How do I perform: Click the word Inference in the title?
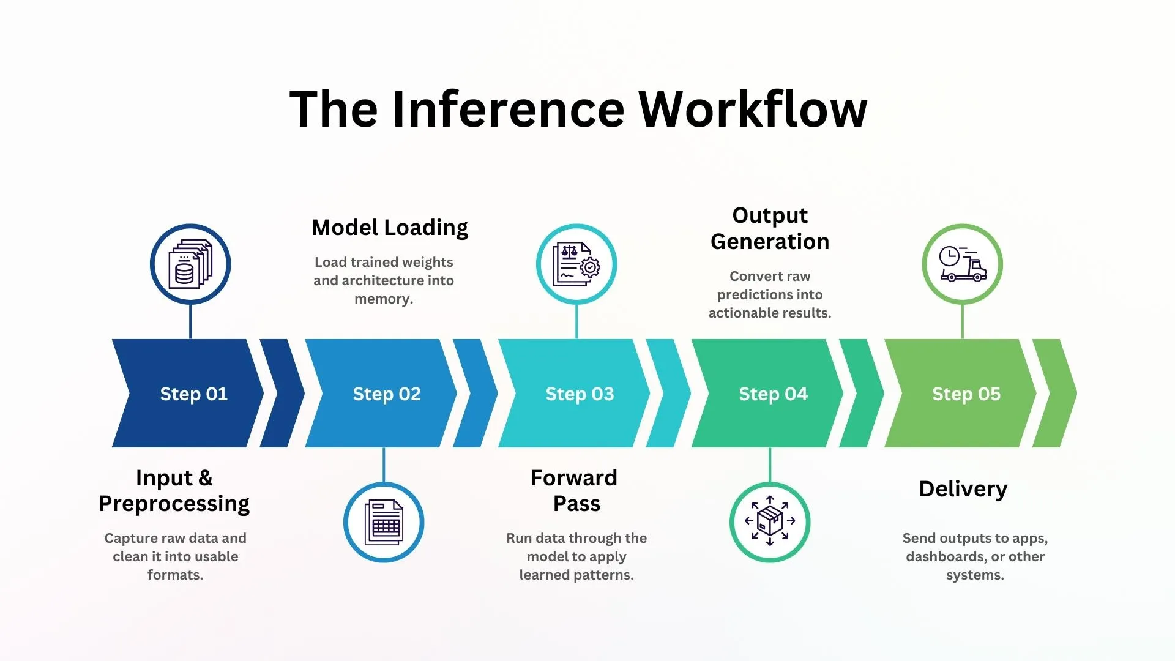pyautogui.click(x=508, y=109)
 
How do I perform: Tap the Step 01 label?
pyautogui.click(x=193, y=394)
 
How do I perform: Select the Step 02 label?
pyautogui.click(x=387, y=394)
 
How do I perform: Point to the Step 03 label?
pyautogui.click(x=580, y=394)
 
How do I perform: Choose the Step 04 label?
pyautogui.click(x=773, y=394)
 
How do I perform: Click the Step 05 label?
pyautogui.click(x=966, y=394)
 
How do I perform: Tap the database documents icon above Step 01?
pyautogui.click(x=190, y=264)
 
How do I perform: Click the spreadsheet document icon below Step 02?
pyautogui.click(x=384, y=522)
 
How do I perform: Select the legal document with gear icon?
pyautogui.click(x=576, y=264)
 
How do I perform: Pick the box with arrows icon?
pyautogui.click(x=770, y=522)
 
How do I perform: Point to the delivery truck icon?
pyautogui.click(x=963, y=264)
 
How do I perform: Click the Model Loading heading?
pyautogui.click(x=390, y=228)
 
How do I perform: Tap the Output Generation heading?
pyautogui.click(x=770, y=228)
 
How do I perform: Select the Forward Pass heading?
pyautogui.click(x=574, y=490)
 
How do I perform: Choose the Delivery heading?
pyautogui.click(x=963, y=489)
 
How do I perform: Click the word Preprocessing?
pyautogui.click(x=174, y=504)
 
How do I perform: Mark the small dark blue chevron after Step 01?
pyautogui.click(x=282, y=393)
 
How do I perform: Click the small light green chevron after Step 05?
pyautogui.click(x=1054, y=393)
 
